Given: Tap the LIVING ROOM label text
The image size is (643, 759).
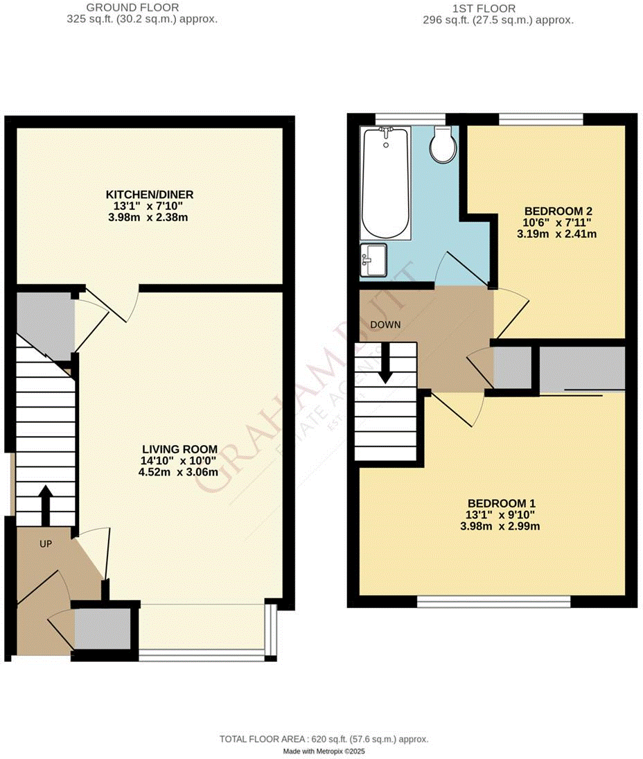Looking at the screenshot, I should click(179, 448).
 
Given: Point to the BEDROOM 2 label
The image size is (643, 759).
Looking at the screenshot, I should click(557, 211).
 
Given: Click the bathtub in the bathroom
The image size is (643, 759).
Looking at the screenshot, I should click(386, 182).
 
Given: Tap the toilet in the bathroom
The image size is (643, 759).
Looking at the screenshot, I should click(441, 145).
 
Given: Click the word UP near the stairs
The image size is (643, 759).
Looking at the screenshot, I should click(46, 544).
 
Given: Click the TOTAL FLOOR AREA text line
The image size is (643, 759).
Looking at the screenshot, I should click(324, 739).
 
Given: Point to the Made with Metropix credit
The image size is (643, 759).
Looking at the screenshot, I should click(324, 751).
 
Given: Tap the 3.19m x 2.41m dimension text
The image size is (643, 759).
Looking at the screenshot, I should click(557, 234).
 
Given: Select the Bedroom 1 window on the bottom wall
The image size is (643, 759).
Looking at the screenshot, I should click(494, 601).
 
